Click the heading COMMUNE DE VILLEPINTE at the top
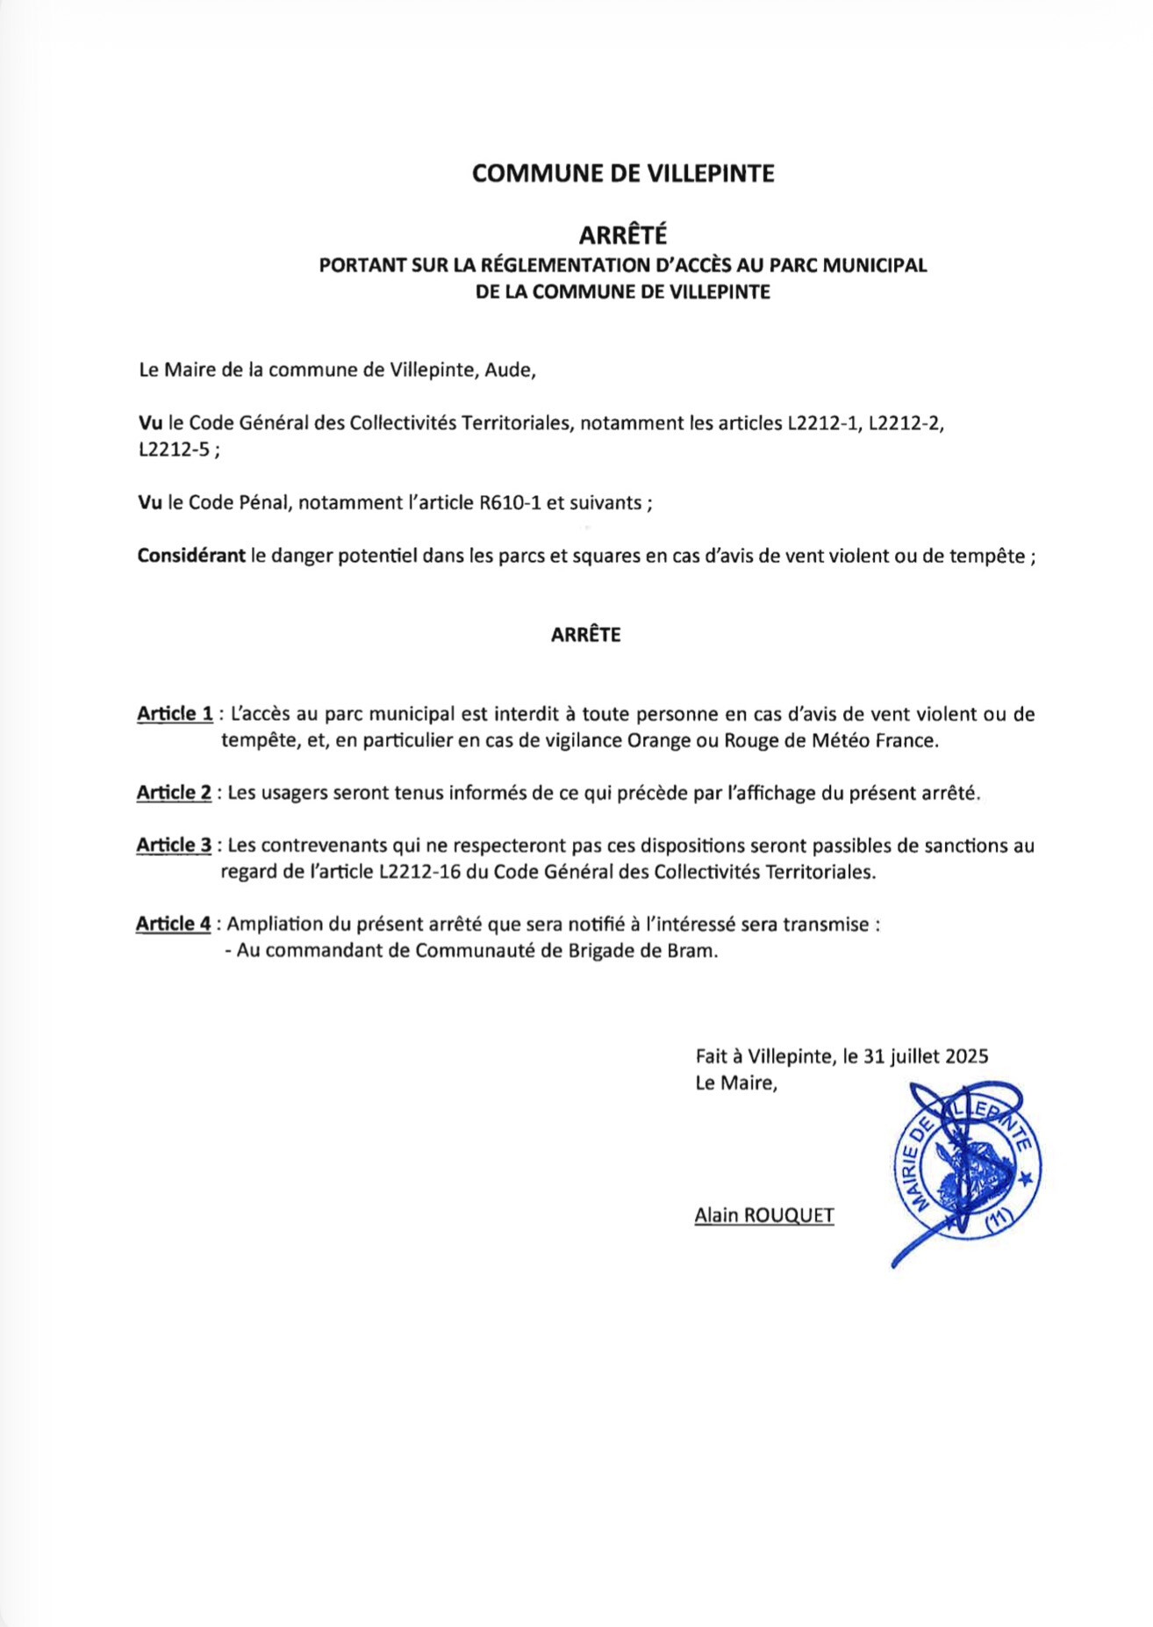(622, 174)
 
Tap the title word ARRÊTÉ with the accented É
(622, 235)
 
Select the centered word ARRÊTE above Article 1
(585, 635)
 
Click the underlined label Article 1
(175, 714)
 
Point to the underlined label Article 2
(174, 793)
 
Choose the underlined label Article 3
(174, 846)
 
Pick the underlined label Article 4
(173, 924)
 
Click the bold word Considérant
(191, 556)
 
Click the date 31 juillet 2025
(926, 1056)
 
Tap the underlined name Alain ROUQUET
(763, 1215)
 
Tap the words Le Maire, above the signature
(735, 1083)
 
